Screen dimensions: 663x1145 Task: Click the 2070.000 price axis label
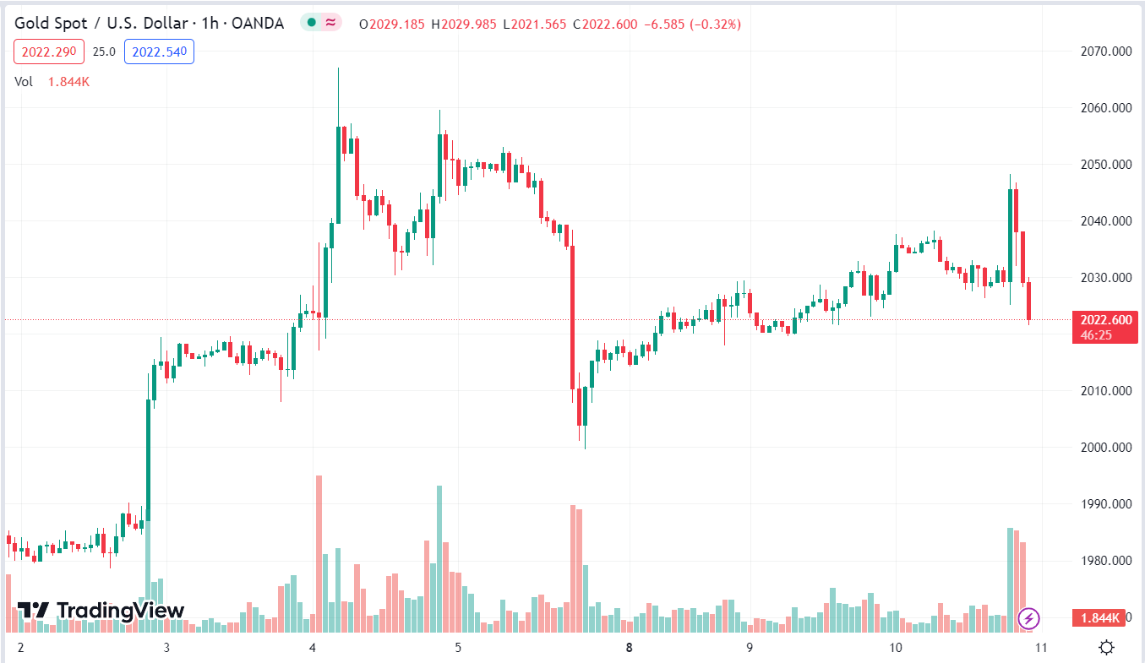[x=1106, y=52]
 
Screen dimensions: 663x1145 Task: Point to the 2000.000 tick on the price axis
[x=1106, y=448]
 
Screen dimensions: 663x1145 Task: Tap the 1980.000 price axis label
[x=1106, y=561]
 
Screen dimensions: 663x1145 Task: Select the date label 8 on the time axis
[x=629, y=648]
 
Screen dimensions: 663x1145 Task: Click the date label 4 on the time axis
[x=313, y=648]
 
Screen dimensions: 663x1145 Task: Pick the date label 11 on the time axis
[x=1041, y=648]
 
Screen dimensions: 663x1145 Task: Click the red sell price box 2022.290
[x=48, y=52]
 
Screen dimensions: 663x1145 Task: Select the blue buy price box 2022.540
[x=159, y=52]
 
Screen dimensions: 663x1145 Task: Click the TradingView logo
[x=101, y=610]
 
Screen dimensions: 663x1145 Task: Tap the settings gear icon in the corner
[x=1106, y=648]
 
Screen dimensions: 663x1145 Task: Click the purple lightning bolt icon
[x=1028, y=618]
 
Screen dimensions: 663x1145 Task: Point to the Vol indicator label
[x=24, y=82]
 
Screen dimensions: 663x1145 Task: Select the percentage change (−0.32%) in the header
[x=716, y=24]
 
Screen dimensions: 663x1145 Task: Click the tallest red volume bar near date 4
[x=319, y=553]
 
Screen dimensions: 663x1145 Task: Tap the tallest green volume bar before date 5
[x=439, y=557]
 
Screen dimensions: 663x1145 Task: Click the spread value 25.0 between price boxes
[x=104, y=52]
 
